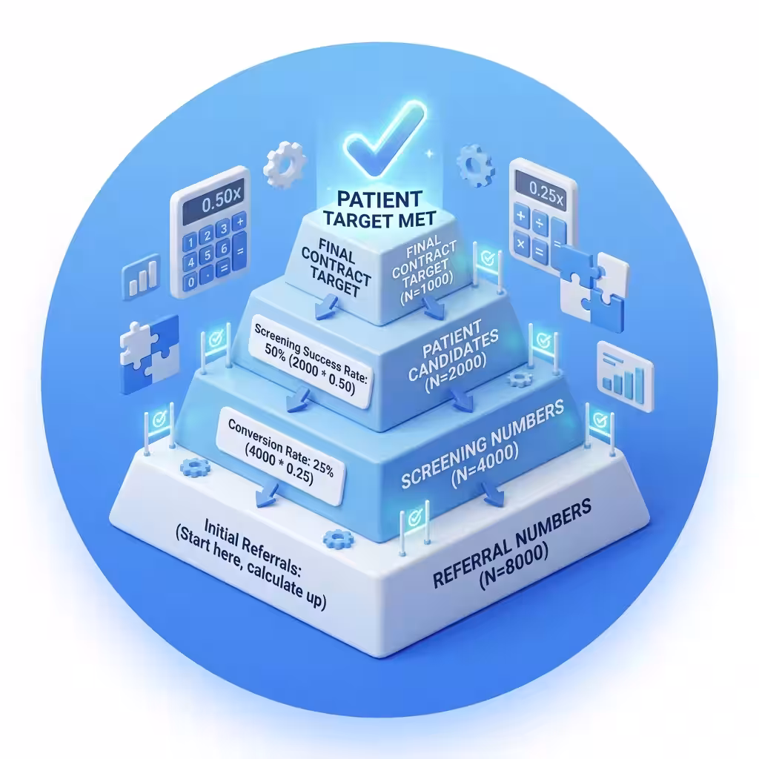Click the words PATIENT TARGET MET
click(379, 209)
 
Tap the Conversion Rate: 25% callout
click(281, 457)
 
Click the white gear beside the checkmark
click(285, 165)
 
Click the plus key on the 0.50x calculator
click(239, 222)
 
